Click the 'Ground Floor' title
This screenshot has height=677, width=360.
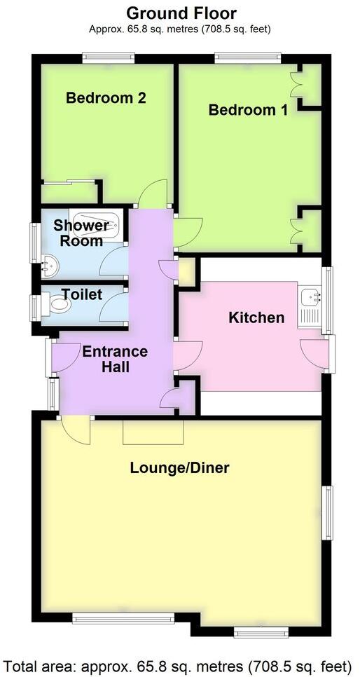pos(181,13)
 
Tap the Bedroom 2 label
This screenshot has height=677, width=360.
pos(106,97)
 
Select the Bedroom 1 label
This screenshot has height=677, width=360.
pos(248,110)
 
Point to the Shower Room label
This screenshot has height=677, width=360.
pos(82,233)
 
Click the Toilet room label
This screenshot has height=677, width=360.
pos(82,294)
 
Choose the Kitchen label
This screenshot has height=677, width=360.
pos(256,317)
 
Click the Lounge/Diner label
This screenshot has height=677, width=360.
pos(180,467)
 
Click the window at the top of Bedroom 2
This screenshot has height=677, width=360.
pos(106,58)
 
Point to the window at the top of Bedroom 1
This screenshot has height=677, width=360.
pos(248,58)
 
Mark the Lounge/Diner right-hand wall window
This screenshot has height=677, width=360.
pos(328,513)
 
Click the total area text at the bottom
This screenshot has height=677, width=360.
pos(180,664)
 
